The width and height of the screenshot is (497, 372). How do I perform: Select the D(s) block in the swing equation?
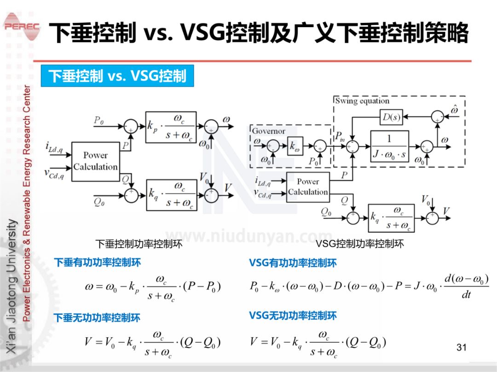pos(391,118)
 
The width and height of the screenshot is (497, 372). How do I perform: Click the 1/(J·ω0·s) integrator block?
pos(389,147)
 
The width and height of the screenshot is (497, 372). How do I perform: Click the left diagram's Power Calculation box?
pos(95,161)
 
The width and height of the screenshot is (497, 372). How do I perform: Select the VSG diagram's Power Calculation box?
pos(308,187)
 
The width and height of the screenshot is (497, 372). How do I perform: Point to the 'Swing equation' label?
pos(362,101)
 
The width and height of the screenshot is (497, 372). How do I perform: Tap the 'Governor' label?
pos(268,131)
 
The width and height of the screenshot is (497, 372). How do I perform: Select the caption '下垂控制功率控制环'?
pos(139,244)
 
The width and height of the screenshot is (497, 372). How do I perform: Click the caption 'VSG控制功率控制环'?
pos(359,244)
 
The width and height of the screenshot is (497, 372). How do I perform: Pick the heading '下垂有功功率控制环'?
pos(98,263)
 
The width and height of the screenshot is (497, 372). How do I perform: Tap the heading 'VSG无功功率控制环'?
pos(293,316)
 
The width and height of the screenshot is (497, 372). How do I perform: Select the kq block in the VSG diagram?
pos(391,218)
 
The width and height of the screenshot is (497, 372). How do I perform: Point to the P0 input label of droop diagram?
pos(99,120)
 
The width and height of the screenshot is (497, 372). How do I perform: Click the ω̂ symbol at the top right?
pos(455,110)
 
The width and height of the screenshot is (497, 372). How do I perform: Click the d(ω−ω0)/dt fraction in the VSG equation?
pos(466,286)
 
